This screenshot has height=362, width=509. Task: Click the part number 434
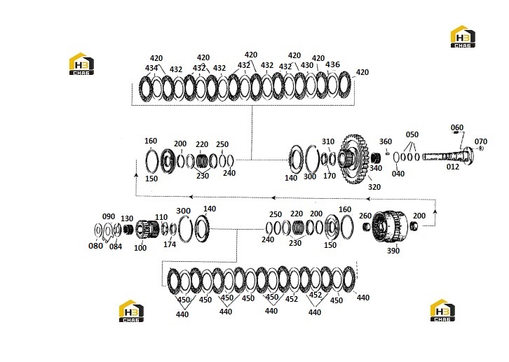pyautogui.click(x=151, y=68)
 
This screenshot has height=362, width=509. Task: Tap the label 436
pyautogui.click(x=332, y=64)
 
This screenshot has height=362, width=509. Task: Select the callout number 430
pyautogui.click(x=307, y=65)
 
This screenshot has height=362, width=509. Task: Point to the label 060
pyautogui.click(x=457, y=127)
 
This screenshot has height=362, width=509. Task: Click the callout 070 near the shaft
pyautogui.click(x=481, y=141)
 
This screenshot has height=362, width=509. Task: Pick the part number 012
pyautogui.click(x=453, y=167)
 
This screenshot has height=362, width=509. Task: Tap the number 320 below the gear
pyautogui.click(x=374, y=187)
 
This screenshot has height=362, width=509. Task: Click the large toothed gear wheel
pyautogui.click(x=355, y=159)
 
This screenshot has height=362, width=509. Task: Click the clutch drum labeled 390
pyautogui.click(x=391, y=227)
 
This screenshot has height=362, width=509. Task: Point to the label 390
pyautogui.click(x=393, y=251)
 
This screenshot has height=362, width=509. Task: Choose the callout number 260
pyautogui.click(x=365, y=216)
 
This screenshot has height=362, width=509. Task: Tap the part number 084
pyautogui.click(x=116, y=246)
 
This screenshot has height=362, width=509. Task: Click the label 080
pyautogui.click(x=95, y=246)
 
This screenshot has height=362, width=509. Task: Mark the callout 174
pyautogui.click(x=170, y=244)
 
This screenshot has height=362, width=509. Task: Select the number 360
pyautogui.click(x=386, y=141)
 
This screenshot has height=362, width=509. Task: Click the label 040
pyautogui.click(x=398, y=174)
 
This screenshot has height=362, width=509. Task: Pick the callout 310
pyautogui.click(x=328, y=141)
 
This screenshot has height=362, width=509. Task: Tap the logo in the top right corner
pyautogui.click(x=463, y=36)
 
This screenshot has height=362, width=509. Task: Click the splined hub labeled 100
pyautogui.click(x=146, y=228)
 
